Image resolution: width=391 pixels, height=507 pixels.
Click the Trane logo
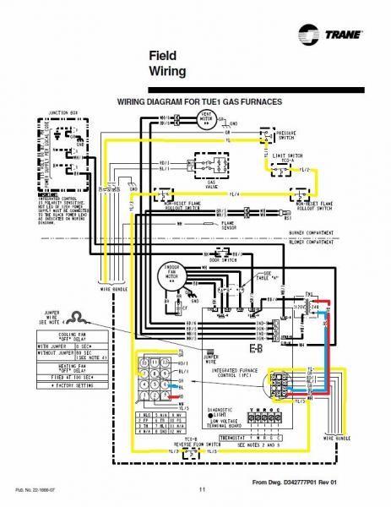pyautogui.click(x=334, y=36)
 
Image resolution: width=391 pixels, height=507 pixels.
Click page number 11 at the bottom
pyautogui.click(x=201, y=491)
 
